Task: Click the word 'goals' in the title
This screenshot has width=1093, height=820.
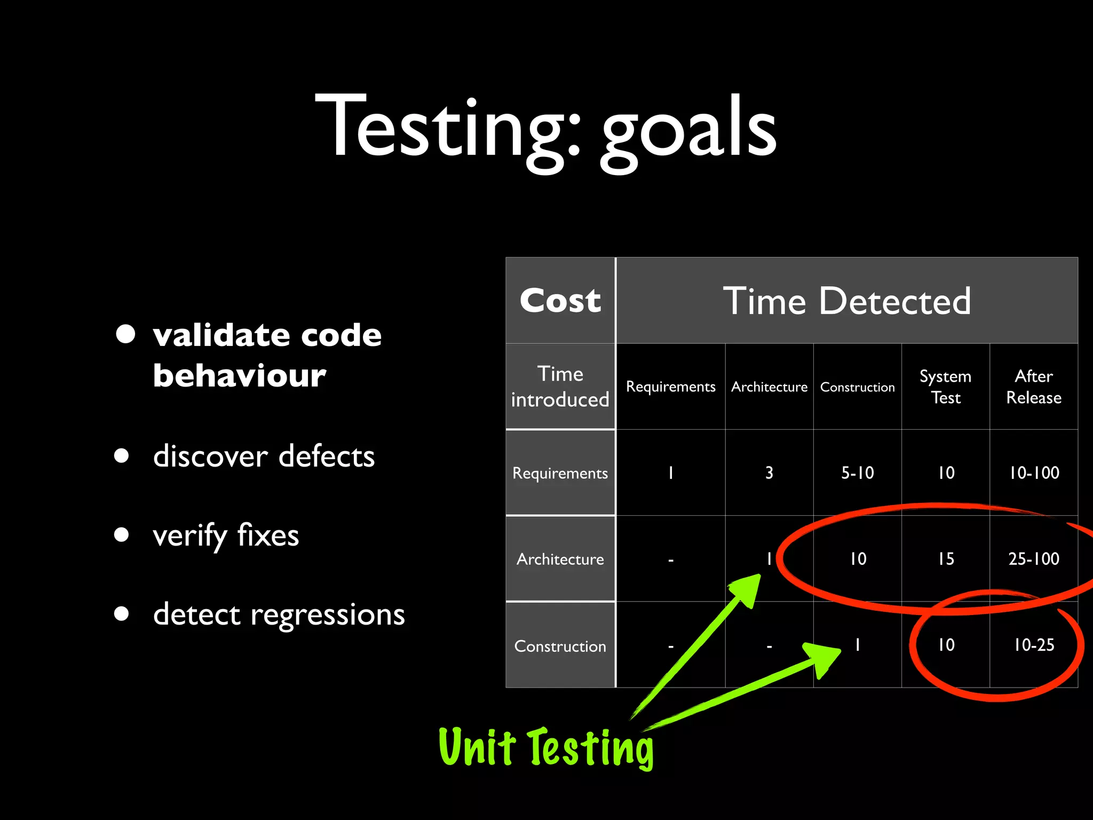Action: (688, 131)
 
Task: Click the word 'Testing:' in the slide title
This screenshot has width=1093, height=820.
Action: (448, 128)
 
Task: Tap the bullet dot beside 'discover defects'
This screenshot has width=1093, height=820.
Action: (122, 455)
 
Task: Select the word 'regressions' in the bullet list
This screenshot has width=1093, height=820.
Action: (328, 614)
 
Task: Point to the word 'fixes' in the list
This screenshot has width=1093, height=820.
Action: (268, 535)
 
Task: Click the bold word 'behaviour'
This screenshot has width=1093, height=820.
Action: (239, 375)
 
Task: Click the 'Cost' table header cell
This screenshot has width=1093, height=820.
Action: (560, 301)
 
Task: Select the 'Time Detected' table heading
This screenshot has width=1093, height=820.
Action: (847, 301)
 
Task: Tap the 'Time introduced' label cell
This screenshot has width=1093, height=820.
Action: (560, 387)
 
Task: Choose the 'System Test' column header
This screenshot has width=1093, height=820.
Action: (946, 387)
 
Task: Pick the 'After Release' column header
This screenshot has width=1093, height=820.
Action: (1034, 387)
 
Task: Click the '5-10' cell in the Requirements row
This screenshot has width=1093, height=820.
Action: (858, 472)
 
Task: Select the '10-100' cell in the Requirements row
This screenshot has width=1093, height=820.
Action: (1034, 472)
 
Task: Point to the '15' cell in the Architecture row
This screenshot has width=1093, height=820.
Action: (946, 559)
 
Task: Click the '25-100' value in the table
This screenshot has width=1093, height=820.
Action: (1034, 559)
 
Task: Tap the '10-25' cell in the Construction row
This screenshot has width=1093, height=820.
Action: (1034, 645)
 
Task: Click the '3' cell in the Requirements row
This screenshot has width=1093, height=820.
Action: (769, 472)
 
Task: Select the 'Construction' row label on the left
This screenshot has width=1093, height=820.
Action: (560, 646)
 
